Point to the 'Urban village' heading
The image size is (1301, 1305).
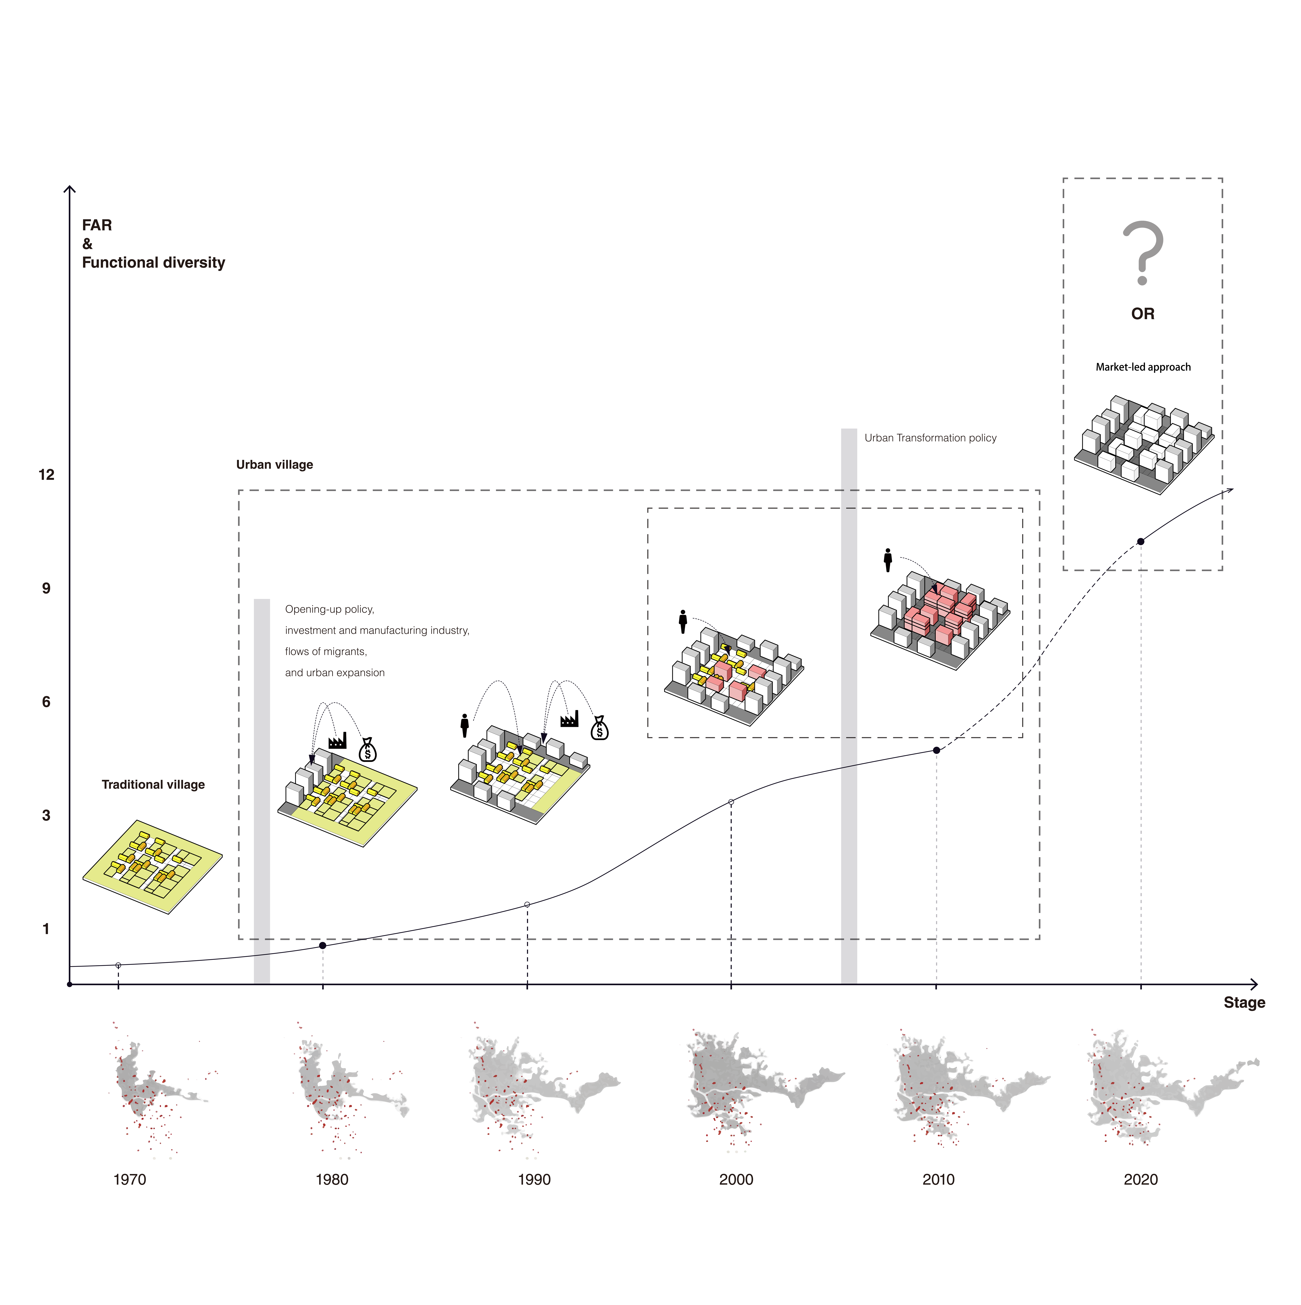pyautogui.click(x=274, y=465)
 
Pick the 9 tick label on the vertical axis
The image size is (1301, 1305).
pyautogui.click(x=46, y=588)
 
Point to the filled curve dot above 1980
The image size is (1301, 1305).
pyautogui.click(x=323, y=946)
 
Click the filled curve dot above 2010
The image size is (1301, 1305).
pyautogui.click(x=936, y=750)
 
